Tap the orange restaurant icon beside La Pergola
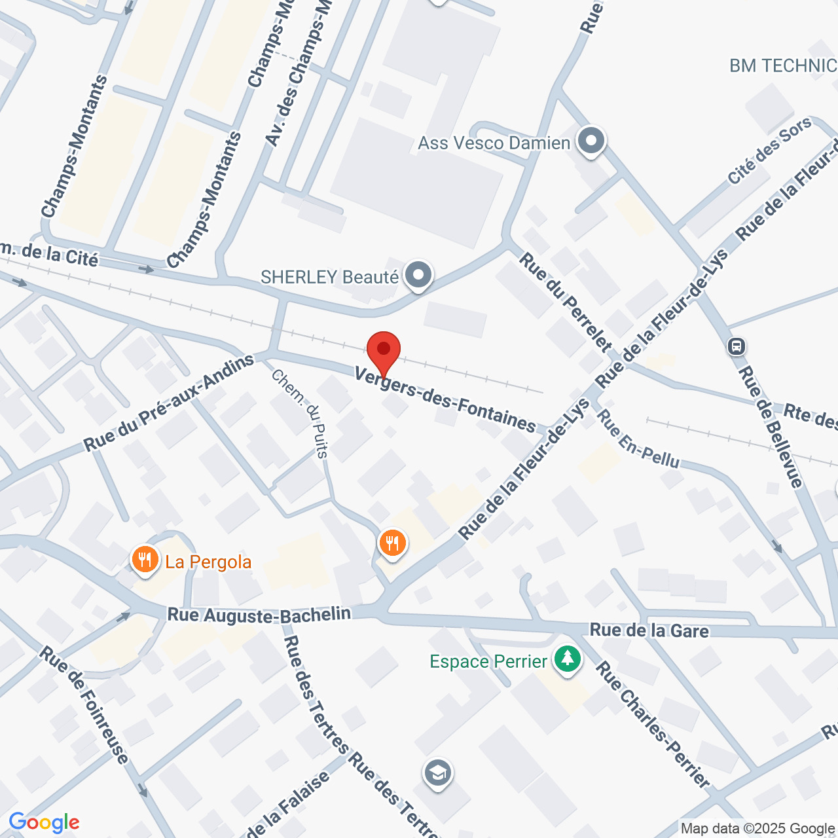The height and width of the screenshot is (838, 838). click(x=145, y=560)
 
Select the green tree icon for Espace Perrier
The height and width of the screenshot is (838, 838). click(x=567, y=659)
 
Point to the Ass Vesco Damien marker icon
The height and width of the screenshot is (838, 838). click(x=591, y=141)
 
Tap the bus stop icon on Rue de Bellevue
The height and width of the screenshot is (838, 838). click(x=737, y=346)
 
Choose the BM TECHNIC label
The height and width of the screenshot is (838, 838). click(x=783, y=65)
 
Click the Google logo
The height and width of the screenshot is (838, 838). click(x=44, y=822)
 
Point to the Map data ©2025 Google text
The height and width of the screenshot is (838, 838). click(x=757, y=829)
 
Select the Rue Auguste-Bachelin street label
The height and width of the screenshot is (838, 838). click(x=259, y=615)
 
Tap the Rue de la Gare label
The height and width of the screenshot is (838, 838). click(x=649, y=630)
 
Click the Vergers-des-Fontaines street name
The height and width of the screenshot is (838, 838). click(x=445, y=399)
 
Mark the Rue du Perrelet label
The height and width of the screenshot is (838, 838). click(x=565, y=303)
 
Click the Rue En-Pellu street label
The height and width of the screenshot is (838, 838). click(x=638, y=439)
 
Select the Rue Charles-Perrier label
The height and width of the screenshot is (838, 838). click(x=653, y=725)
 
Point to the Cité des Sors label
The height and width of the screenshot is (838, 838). click(x=769, y=151)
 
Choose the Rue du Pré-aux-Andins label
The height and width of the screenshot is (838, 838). click(x=168, y=404)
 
